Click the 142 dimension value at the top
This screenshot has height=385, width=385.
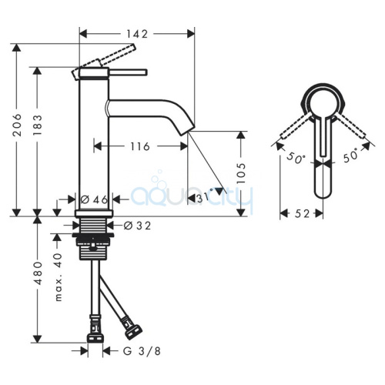[137, 34]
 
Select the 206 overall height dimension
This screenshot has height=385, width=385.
[17, 125]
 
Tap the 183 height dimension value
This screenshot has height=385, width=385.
[38, 125]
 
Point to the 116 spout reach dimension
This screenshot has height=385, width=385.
[140, 146]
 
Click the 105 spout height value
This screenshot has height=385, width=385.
[241, 172]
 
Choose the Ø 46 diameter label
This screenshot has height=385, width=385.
[94, 199]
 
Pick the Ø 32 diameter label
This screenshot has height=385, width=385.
[137, 226]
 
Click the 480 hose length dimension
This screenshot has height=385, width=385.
[38, 273]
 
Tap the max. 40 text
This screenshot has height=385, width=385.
[59, 276]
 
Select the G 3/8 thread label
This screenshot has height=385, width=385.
[142, 351]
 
